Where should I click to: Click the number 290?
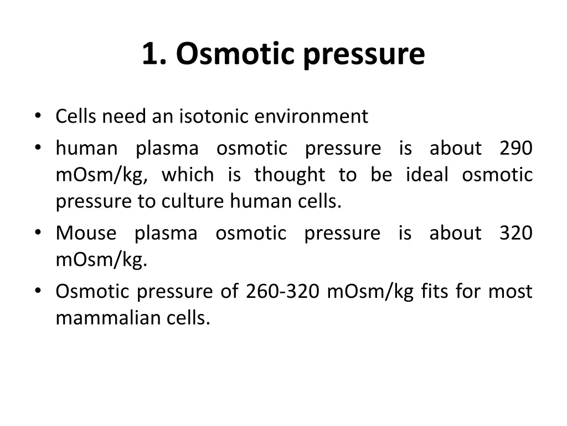pos(516,148)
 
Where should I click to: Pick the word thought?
pos(290,175)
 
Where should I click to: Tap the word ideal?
pos(427,175)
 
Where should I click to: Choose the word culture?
pos(193,202)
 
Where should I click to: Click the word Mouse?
pos(86,233)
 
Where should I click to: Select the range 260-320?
pos(282,291)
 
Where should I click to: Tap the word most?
pos(510,291)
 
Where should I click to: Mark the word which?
pos(187,175)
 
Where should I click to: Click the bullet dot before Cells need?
pos(38,116)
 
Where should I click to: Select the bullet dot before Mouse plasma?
pos(38,232)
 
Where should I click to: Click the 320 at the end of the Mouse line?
pos(516,233)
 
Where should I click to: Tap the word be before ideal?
pos(382,175)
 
